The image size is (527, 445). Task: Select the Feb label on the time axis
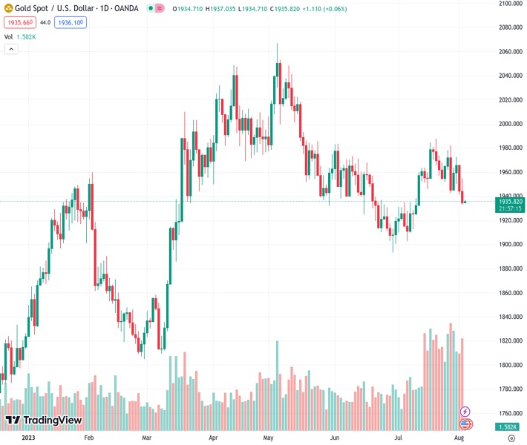tap(88, 438)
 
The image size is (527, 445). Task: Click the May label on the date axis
tap(269, 438)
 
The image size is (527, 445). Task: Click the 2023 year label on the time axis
tap(27, 438)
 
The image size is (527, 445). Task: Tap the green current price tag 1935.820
tap(511, 202)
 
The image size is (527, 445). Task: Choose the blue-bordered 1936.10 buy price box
tap(71, 23)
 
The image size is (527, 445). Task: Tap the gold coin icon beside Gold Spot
tap(8, 10)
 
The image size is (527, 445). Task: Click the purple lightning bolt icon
tap(465, 411)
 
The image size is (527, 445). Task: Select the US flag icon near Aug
tap(465, 423)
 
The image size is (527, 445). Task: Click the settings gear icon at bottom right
tap(511, 438)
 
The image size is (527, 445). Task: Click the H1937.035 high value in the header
tap(217, 10)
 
